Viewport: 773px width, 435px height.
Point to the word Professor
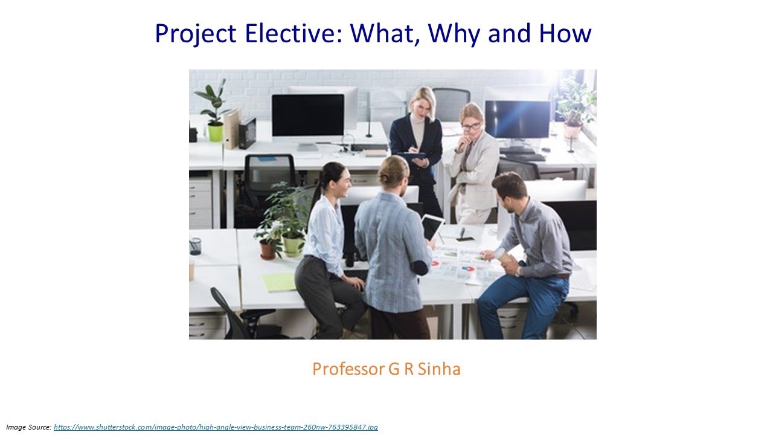coord(348,369)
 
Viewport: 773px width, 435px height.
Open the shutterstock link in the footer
coord(216,427)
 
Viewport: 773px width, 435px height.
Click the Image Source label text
coord(28,427)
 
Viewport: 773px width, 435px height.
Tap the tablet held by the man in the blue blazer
coord(432,227)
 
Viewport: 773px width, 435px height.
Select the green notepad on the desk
coord(279,282)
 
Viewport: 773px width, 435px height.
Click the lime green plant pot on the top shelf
coord(215,132)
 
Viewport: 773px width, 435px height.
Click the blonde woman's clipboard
coord(412,156)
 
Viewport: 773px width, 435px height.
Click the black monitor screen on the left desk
coord(307,115)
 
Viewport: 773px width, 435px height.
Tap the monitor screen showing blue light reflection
coord(518,119)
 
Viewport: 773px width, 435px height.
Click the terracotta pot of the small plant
coord(268,250)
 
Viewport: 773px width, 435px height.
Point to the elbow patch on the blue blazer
coord(419,267)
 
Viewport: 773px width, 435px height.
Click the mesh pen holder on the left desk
coord(195,246)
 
